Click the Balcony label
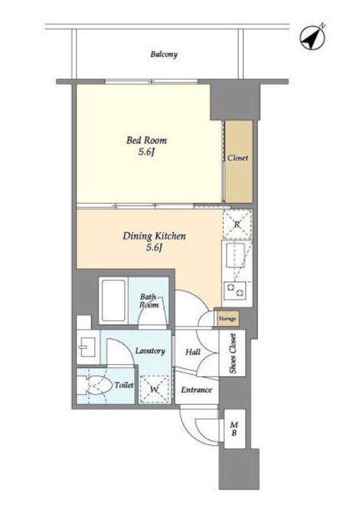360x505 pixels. click(164, 54)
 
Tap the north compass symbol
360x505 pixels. click(313, 37)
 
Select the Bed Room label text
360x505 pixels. click(146, 140)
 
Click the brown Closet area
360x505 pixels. click(238, 161)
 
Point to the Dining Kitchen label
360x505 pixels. click(154, 236)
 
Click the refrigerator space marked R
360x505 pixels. click(237, 224)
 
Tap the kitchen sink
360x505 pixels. click(236, 256)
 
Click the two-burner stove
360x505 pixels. click(235, 290)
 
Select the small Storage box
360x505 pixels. click(227, 319)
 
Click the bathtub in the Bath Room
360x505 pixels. click(114, 300)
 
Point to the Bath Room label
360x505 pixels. click(149, 301)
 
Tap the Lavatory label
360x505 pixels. click(150, 350)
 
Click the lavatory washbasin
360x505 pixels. click(87, 347)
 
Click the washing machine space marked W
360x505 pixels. click(154, 390)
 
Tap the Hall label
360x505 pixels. click(193, 352)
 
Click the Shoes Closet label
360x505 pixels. click(232, 354)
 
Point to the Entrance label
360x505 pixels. click(196, 390)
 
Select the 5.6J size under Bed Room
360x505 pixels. click(145, 152)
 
